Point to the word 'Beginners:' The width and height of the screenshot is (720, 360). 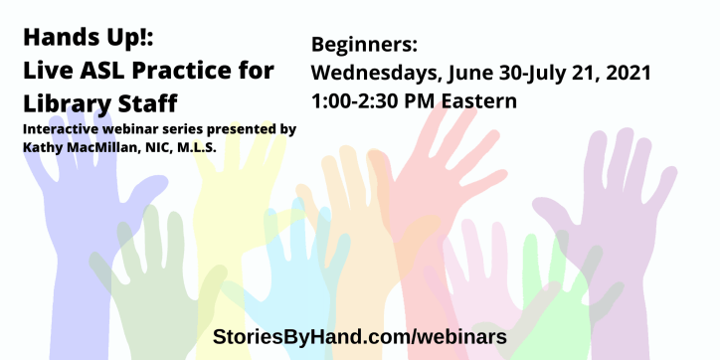click(x=364, y=46)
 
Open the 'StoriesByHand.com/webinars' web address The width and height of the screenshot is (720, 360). click(x=360, y=337)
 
